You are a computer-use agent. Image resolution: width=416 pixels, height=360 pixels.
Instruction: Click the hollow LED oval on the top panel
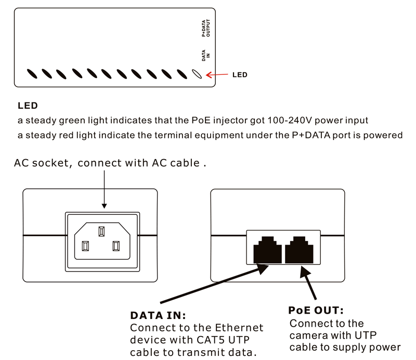197,74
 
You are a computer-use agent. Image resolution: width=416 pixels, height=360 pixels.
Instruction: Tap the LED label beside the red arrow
239,75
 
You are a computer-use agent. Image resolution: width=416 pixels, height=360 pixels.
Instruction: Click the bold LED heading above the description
28,106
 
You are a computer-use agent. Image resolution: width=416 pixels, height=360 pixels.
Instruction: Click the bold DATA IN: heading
158,316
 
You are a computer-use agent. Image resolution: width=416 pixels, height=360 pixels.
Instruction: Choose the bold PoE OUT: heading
316,311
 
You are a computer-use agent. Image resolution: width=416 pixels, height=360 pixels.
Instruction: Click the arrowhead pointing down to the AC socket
105,207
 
